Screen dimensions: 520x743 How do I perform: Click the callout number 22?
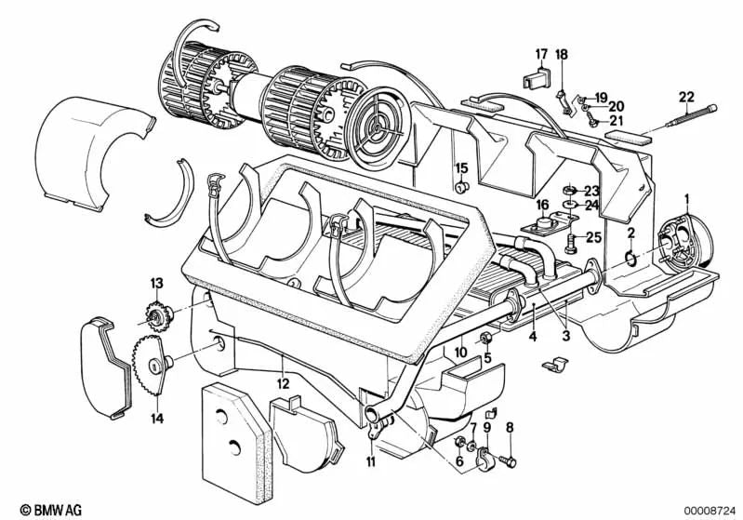tap(685, 97)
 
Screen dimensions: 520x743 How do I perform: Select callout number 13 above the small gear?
tap(156, 282)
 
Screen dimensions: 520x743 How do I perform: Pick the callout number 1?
tap(686, 198)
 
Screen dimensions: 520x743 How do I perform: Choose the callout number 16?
tap(541, 204)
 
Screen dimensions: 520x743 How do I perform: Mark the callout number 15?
tap(459, 167)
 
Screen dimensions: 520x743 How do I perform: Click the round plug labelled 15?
tap(459, 188)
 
